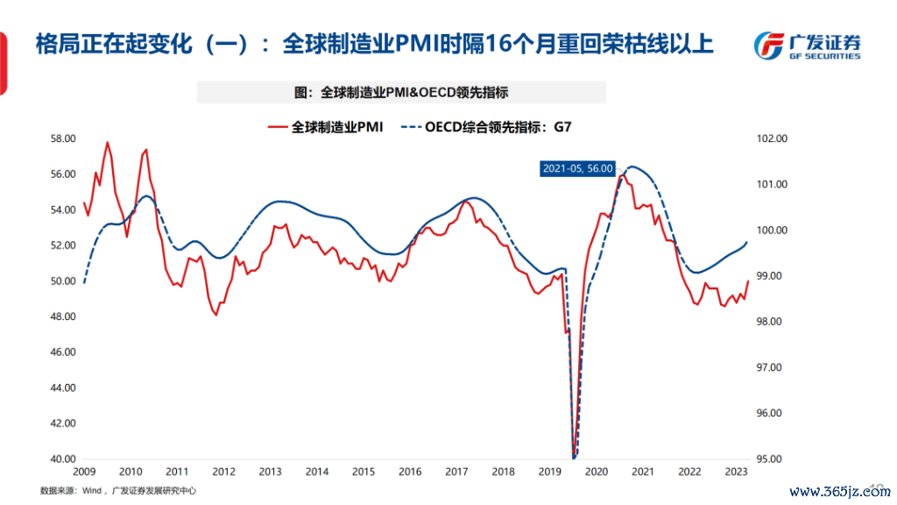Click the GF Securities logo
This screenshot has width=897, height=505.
point(807,45)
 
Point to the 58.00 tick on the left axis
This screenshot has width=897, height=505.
point(62,139)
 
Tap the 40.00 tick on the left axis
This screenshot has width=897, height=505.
point(62,459)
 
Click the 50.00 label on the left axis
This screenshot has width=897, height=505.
point(62,281)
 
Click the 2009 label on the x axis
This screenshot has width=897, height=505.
point(84,472)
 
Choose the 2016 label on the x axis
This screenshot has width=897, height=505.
point(409,472)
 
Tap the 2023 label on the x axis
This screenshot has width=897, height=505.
point(736,472)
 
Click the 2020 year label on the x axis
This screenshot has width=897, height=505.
point(596,472)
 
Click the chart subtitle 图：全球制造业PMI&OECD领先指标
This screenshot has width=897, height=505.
point(401,92)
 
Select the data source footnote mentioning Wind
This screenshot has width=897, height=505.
point(118,491)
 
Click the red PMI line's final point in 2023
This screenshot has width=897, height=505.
point(747,281)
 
